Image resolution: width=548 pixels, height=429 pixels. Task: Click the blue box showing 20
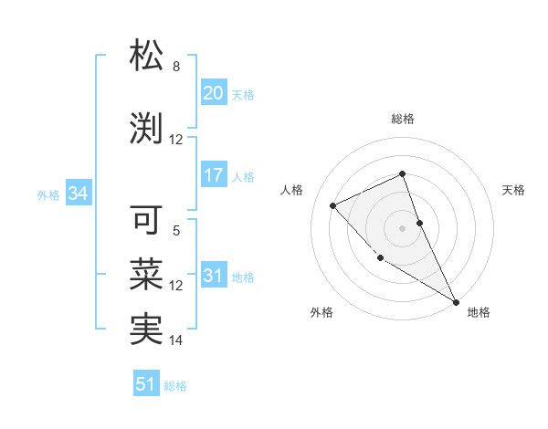[214, 93]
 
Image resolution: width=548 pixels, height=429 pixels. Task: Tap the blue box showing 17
[214, 175]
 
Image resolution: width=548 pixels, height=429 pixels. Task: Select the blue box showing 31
[214, 276]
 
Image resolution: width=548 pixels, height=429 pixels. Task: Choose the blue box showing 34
[78, 194]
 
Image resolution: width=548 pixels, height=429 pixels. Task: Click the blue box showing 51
[146, 384]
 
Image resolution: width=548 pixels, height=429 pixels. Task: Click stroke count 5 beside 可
[176, 231]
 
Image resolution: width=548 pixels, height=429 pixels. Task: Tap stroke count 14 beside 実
[176, 340]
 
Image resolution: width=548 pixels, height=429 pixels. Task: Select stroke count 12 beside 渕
[176, 140]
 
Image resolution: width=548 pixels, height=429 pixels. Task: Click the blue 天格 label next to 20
[243, 94]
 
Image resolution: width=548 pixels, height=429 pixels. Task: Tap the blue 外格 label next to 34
[48, 194]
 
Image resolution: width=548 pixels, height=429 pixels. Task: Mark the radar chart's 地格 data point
[456, 301]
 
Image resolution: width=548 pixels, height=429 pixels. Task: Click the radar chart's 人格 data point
[333, 205]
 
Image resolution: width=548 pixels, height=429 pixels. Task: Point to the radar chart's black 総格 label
[403, 119]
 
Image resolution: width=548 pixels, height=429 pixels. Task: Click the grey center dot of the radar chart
[403, 227]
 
